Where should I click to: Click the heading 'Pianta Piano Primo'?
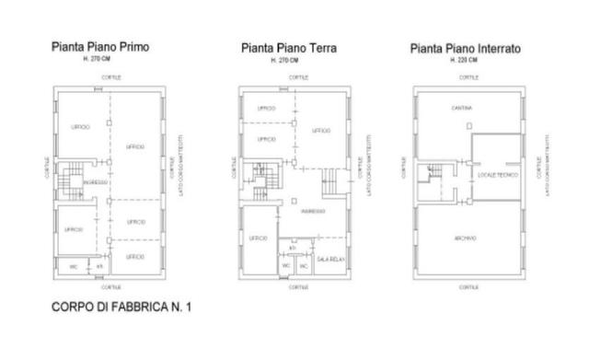[x=100, y=45]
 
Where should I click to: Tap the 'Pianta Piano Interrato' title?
[x=466, y=48]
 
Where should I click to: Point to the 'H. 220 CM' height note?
[x=465, y=60]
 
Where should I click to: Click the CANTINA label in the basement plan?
[x=462, y=109]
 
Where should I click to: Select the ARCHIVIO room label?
[x=465, y=238]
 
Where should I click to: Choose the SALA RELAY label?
[x=329, y=261]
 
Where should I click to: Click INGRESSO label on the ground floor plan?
[x=313, y=211]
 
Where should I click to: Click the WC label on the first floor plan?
[x=73, y=267]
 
